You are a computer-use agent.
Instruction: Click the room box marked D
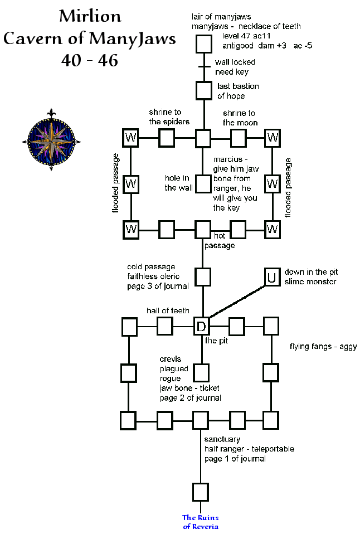click(x=201, y=326)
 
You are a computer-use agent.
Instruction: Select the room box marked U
click(x=271, y=277)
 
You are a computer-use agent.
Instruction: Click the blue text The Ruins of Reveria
click(x=201, y=522)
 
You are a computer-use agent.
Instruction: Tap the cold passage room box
click(x=203, y=276)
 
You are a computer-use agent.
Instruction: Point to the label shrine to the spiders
click(x=169, y=117)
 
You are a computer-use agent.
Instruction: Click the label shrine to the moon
click(x=239, y=118)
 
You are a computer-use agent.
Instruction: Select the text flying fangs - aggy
click(x=323, y=347)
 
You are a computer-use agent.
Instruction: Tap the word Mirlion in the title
click(x=90, y=16)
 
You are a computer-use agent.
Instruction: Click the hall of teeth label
click(x=168, y=310)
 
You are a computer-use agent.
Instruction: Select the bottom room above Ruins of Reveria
click(x=201, y=492)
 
